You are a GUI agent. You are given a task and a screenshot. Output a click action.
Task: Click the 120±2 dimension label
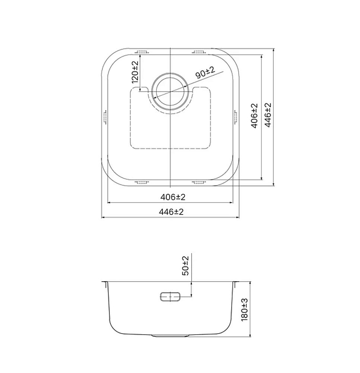tap(135, 72)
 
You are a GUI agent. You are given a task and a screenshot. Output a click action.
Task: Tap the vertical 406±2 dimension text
tap(255, 116)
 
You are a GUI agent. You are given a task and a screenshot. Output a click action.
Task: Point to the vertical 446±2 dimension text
tap(268, 115)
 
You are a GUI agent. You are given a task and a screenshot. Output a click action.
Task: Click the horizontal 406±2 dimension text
tap(173, 197)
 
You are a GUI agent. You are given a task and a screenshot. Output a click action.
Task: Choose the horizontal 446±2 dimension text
tap(171, 211)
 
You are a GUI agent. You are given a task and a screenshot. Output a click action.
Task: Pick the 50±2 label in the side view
tap(185, 266)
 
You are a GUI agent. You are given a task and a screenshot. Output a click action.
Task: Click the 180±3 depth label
tap(244, 310)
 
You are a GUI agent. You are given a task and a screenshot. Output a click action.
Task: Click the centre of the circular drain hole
tap(170, 91)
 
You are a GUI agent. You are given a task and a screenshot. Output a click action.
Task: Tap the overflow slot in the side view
tap(170, 297)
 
